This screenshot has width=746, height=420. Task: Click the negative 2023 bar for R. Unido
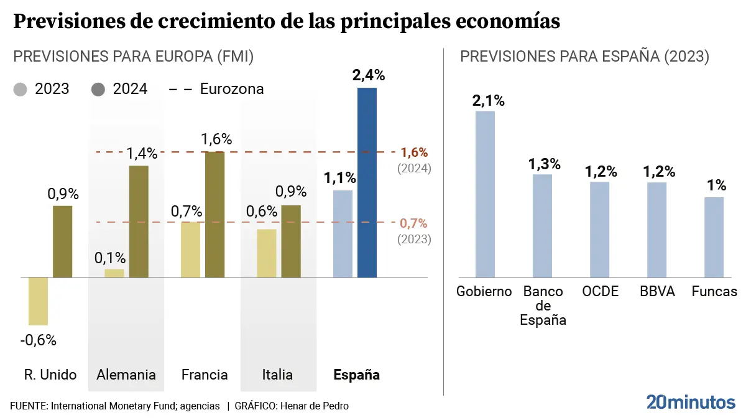38,301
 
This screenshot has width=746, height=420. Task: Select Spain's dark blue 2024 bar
367,182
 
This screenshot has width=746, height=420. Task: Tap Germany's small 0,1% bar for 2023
114,273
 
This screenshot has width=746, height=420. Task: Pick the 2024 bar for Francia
214,214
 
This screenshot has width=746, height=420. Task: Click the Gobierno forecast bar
485,194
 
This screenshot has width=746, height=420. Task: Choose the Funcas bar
714,237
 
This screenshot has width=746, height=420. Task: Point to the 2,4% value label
369,76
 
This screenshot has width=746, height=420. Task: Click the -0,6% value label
38,340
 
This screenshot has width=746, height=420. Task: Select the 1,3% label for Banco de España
545,164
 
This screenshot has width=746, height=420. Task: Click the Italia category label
277,375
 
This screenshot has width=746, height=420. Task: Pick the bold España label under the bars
356,375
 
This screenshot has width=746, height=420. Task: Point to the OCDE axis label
600,291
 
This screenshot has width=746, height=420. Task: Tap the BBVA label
657,291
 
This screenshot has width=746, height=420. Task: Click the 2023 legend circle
21,89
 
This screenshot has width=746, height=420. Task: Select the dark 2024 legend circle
98,89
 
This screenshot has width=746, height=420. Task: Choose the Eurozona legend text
232,89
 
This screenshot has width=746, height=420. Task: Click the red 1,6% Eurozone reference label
414,152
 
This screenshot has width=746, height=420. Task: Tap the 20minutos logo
690,402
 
